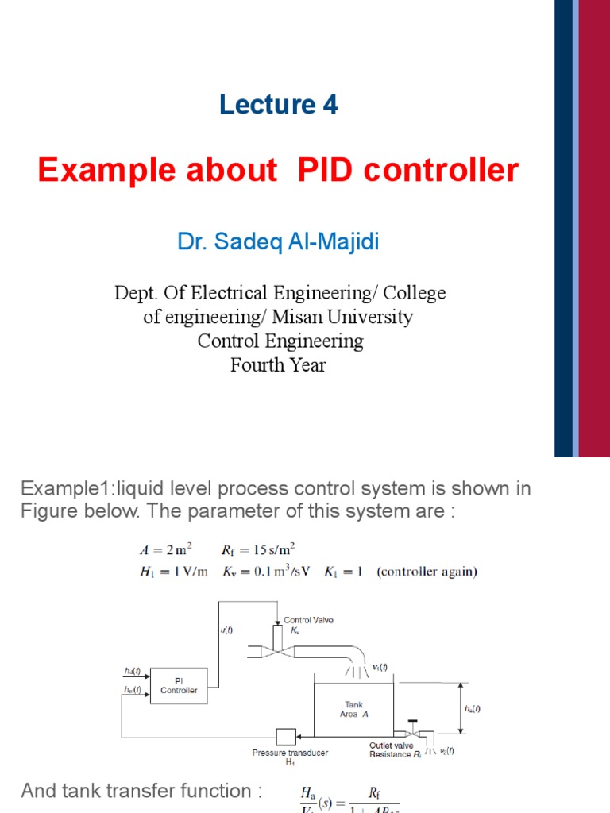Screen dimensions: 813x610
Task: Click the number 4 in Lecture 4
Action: (x=330, y=105)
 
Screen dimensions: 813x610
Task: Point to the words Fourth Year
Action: (x=278, y=365)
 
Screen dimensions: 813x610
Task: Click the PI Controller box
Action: (x=179, y=686)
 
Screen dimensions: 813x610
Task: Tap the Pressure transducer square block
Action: (x=286, y=737)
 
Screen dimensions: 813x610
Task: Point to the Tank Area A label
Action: (x=353, y=709)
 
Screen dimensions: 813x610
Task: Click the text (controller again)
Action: (x=427, y=572)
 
